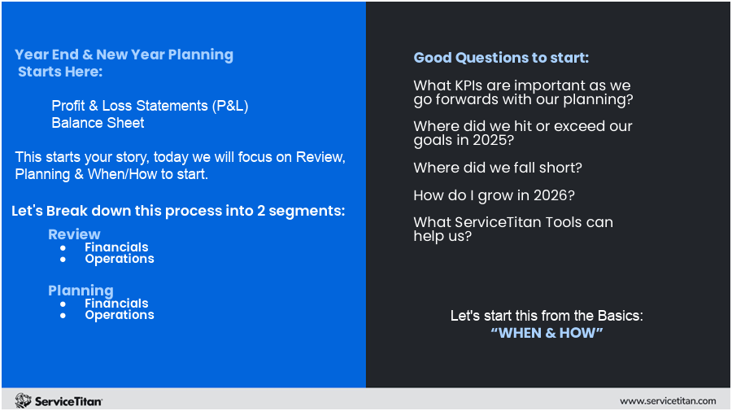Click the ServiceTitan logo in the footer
tap(59, 400)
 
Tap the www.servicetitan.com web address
tap(667, 400)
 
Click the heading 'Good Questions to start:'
tap(501, 58)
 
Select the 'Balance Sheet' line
tap(98, 123)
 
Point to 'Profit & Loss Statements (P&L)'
tap(150, 106)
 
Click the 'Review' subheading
tap(74, 234)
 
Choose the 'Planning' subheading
tap(81, 291)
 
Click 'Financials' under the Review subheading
tap(116, 247)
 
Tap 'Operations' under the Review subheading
tap(120, 259)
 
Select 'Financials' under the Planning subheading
tap(116, 303)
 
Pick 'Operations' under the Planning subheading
tap(120, 315)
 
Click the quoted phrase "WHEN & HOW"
tap(547, 333)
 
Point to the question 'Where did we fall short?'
tap(498, 167)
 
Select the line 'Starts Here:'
tap(61, 72)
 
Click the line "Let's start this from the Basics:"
tap(547, 315)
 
